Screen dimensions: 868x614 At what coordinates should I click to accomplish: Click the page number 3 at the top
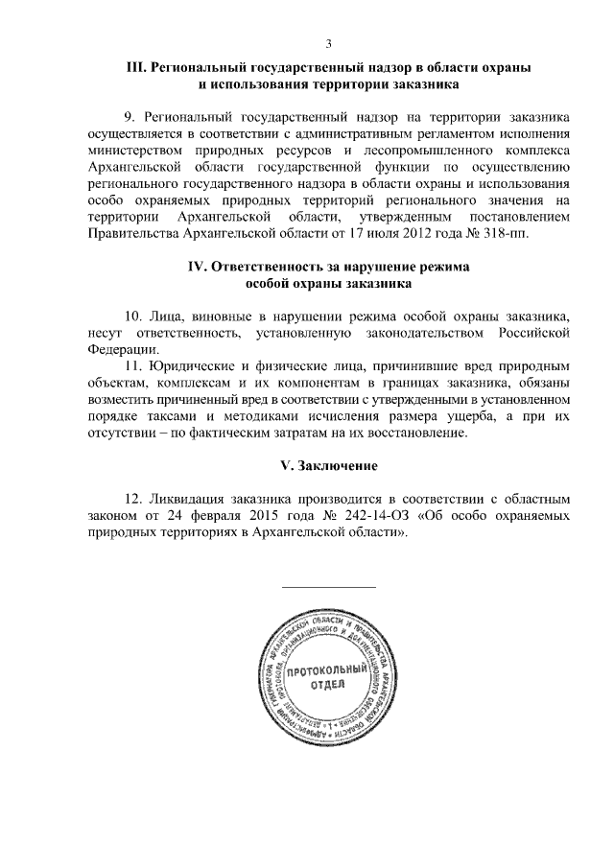[x=328, y=43]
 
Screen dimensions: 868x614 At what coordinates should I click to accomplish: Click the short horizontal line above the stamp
[x=328, y=586]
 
